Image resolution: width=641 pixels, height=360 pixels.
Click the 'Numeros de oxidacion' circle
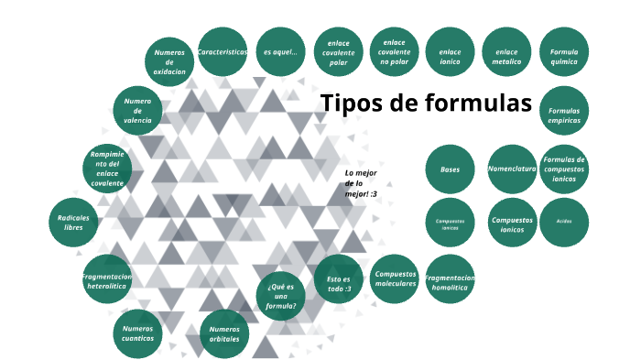pyautogui.click(x=169, y=61)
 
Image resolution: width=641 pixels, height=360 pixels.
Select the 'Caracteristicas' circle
pyautogui.click(x=223, y=53)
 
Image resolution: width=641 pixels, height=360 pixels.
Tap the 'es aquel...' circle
pyautogui.click(x=280, y=53)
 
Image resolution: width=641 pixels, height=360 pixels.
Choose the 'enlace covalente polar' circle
pyautogui.click(x=338, y=54)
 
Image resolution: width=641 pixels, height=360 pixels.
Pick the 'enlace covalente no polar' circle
pyautogui.click(x=395, y=52)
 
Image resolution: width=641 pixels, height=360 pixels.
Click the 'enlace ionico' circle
pyautogui.click(x=451, y=53)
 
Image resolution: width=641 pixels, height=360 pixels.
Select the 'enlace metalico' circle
pyautogui.click(x=506, y=53)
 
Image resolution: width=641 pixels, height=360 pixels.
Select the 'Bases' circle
pyautogui.click(x=451, y=169)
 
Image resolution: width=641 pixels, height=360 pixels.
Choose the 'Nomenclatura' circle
pyautogui.click(x=512, y=169)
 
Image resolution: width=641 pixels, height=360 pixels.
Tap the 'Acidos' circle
pyautogui.click(x=564, y=222)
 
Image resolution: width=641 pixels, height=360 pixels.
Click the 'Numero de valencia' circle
pyautogui.click(x=138, y=110)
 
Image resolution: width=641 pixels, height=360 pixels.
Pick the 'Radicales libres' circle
pyautogui.click(x=73, y=222)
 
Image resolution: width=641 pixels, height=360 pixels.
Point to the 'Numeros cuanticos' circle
pyautogui.click(x=138, y=333)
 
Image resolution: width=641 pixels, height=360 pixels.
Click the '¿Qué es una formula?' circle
pyautogui.click(x=281, y=295)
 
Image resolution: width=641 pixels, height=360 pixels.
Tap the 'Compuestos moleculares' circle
pyautogui.click(x=396, y=278)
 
